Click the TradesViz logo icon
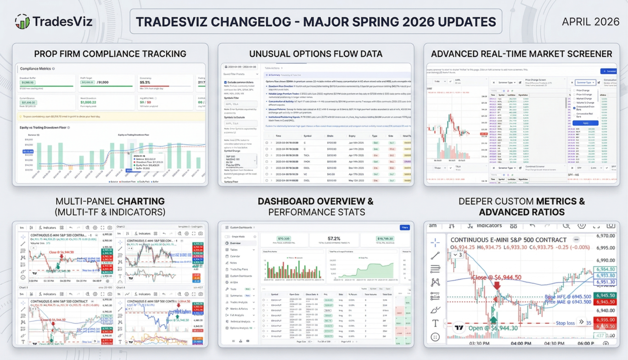pos(22,21)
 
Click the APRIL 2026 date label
pos(590,22)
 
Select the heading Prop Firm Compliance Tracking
pos(110,54)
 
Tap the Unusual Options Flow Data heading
pos(316,54)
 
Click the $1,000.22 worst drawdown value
pos(88,102)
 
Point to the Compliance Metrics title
pos(35,69)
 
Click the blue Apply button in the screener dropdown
pos(585,123)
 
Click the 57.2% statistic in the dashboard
pos(334,239)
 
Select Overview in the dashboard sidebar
pos(235,243)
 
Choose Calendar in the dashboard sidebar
pos(235,256)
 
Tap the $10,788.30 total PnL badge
pos(385,239)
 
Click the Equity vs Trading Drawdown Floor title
pos(43,127)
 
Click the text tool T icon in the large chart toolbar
pos(435,323)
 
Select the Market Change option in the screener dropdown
pos(584,98)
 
